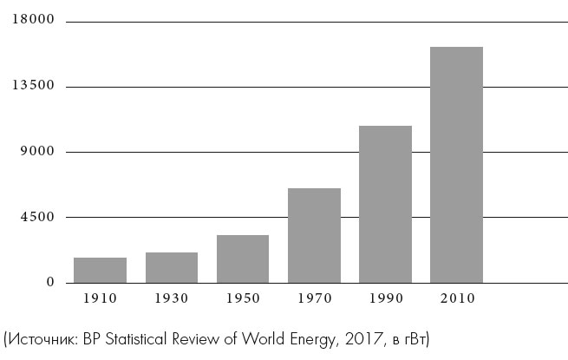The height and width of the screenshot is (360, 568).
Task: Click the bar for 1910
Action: [100, 270]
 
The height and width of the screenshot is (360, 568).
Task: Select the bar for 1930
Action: [172, 267]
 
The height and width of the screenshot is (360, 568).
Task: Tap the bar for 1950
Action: [243, 259]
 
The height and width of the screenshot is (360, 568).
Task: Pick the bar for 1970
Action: [314, 235]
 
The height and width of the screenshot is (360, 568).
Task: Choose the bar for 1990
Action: [385, 204]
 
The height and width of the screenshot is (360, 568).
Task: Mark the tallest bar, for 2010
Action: [456, 165]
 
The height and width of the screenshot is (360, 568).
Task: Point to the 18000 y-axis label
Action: [32, 20]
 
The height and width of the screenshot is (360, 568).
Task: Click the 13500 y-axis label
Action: [32, 86]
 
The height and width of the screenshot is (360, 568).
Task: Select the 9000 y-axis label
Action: [37, 152]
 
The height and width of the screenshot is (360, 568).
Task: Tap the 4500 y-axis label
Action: [37, 217]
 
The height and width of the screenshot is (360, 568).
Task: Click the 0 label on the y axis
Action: [50, 283]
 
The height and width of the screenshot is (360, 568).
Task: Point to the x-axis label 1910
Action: [100, 298]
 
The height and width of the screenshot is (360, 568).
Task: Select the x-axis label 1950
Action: [243, 298]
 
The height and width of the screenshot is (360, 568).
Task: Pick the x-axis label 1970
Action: [314, 298]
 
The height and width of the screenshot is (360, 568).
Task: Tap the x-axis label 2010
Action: [456, 298]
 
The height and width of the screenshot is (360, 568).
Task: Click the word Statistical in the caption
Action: [140, 337]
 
